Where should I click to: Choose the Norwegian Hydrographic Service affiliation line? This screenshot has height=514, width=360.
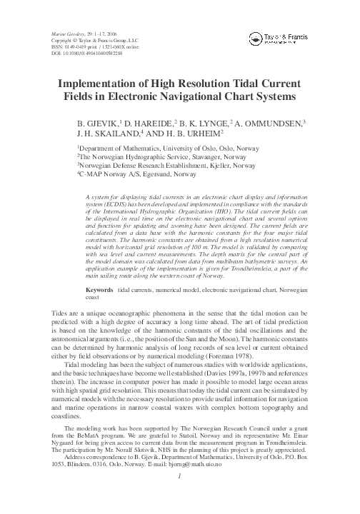(x=152, y=160)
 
